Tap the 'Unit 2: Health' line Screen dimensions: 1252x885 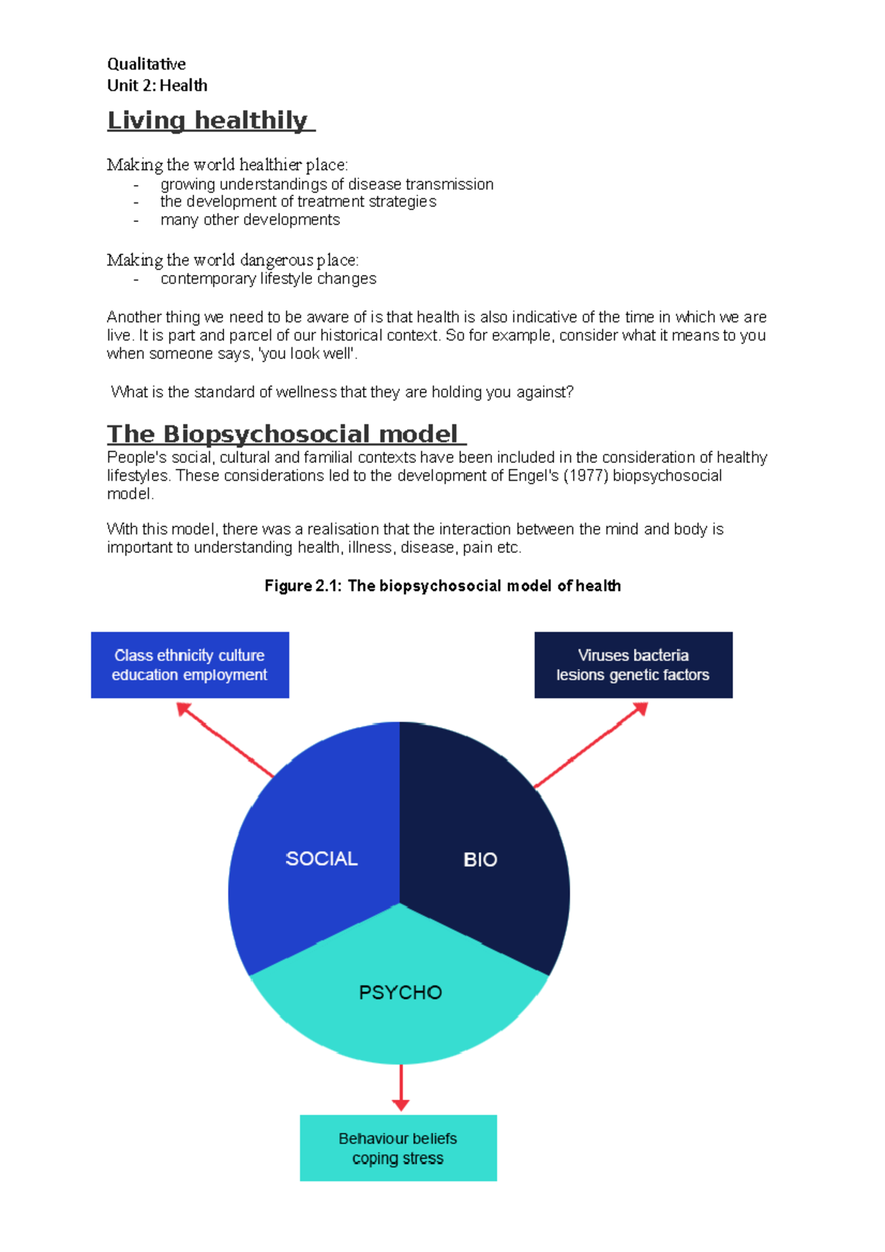(x=157, y=86)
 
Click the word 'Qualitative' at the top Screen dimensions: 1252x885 (x=146, y=64)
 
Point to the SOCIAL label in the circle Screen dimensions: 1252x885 (x=322, y=858)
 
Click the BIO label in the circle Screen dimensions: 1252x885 (x=480, y=860)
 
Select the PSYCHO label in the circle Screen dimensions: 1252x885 (x=400, y=992)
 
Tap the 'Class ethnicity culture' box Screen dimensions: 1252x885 (x=190, y=665)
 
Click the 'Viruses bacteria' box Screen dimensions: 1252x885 (x=634, y=665)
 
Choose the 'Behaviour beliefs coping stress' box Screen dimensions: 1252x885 (x=398, y=1148)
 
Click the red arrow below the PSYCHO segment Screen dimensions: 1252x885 (x=400, y=1088)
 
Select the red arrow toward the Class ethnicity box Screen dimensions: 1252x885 (x=225, y=740)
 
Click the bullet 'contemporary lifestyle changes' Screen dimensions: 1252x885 (x=268, y=279)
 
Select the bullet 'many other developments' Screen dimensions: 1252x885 (x=250, y=220)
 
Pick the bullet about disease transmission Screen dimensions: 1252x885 (x=327, y=184)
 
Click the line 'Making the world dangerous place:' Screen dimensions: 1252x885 (x=233, y=260)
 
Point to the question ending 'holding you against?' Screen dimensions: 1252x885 (x=342, y=392)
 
